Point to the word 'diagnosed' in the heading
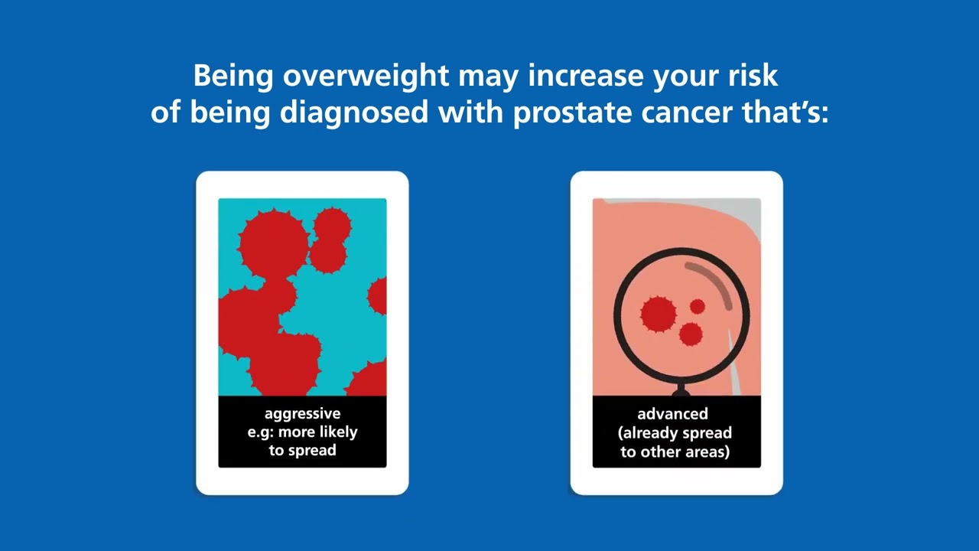[353, 112]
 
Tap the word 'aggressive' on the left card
[302, 414]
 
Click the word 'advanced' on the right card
[672, 414]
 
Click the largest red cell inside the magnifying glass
[658, 313]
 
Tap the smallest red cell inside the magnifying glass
[697, 307]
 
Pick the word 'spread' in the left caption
[312, 451]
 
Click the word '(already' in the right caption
[647, 433]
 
